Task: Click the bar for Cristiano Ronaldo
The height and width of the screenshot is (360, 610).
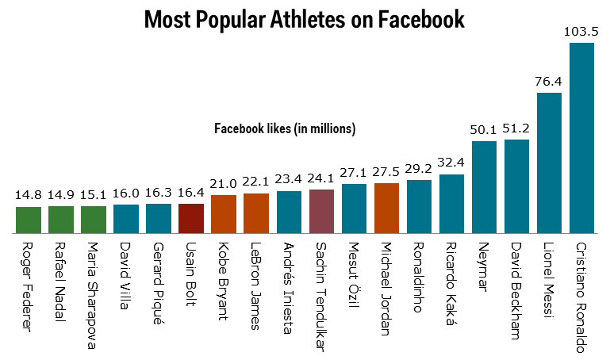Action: click(x=581, y=138)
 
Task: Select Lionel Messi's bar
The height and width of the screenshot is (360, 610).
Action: click(x=549, y=163)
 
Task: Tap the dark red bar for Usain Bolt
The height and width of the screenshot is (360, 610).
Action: click(x=191, y=219)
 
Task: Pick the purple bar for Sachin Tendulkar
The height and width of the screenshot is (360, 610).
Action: click(x=322, y=212)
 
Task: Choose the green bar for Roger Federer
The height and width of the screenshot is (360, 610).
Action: click(x=29, y=220)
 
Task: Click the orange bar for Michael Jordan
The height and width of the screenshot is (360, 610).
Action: click(x=386, y=208)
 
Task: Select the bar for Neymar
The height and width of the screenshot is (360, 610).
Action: click(x=485, y=187)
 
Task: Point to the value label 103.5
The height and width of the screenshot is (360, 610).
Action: click(x=581, y=32)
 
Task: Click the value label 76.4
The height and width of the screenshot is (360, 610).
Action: click(x=549, y=81)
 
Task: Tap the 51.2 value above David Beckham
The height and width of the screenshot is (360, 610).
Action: click(x=516, y=128)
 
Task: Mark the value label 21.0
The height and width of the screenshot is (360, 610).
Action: click(x=224, y=183)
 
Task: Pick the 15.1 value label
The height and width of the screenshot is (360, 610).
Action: click(x=94, y=195)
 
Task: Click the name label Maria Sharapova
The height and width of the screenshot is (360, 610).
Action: click(x=92, y=296)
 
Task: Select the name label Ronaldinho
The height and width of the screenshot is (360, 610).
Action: click(x=418, y=278)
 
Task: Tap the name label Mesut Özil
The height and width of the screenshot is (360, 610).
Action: click(x=353, y=275)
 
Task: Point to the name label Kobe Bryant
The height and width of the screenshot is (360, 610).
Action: click(x=224, y=281)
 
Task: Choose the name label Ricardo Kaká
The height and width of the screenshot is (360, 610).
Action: click(x=451, y=283)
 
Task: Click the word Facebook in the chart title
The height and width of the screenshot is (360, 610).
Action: click(x=421, y=20)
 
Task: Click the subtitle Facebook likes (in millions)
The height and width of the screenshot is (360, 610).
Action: click(x=285, y=128)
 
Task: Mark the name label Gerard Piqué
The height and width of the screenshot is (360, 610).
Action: click(x=159, y=283)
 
